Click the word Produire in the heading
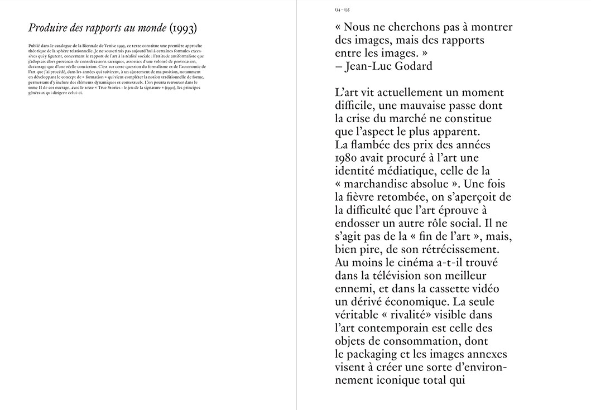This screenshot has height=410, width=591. pos(47,28)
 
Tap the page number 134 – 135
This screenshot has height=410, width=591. pos(342,10)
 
